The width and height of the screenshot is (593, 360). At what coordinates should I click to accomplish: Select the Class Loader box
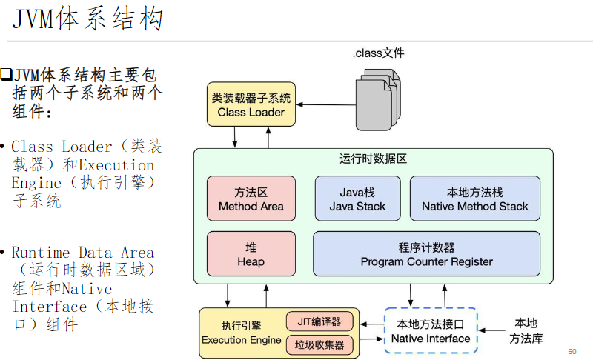[x=251, y=104]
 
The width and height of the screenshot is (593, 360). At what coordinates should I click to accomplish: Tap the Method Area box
[x=251, y=199]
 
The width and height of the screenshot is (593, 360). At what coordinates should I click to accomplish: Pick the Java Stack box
[x=357, y=199]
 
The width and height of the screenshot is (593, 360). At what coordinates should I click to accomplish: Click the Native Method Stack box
[x=475, y=199]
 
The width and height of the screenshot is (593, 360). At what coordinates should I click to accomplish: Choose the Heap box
[x=251, y=253]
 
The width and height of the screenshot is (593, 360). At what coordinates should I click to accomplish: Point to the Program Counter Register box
[x=426, y=253]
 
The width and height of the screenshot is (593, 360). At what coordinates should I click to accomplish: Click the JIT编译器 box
[x=319, y=321]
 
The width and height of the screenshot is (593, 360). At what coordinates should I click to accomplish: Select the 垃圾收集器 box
[x=319, y=344]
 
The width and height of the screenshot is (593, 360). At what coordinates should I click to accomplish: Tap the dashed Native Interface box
[x=431, y=330]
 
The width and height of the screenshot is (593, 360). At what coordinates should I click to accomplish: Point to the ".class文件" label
[x=378, y=53]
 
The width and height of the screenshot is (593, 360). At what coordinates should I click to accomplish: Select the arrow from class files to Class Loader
[x=326, y=104]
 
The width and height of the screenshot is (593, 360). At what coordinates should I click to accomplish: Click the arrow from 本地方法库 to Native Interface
[x=492, y=330]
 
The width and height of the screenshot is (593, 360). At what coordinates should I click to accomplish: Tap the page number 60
[x=572, y=351]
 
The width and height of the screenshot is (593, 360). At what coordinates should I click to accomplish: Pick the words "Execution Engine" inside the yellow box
[x=242, y=340]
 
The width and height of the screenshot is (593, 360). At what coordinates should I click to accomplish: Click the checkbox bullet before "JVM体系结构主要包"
[x=6, y=74]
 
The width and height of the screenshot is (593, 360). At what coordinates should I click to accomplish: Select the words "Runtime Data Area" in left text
[x=82, y=253]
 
